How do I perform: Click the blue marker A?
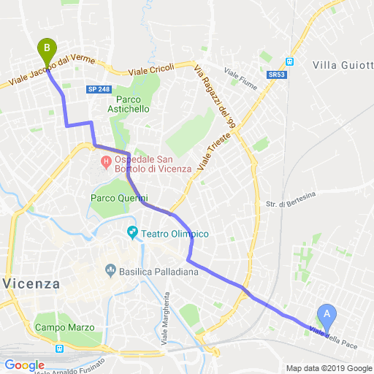point(327,316)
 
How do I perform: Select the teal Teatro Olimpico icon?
point(133,233)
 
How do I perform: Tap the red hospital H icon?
point(106,160)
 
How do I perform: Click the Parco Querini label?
point(119,198)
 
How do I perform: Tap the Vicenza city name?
point(30,283)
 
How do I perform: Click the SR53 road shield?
point(275,75)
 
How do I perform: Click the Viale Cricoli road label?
point(151,69)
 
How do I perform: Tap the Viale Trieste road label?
point(218,150)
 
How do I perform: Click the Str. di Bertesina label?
point(290,194)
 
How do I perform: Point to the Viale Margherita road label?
point(167,318)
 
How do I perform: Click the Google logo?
point(24,365)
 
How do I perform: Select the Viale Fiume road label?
point(241,75)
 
